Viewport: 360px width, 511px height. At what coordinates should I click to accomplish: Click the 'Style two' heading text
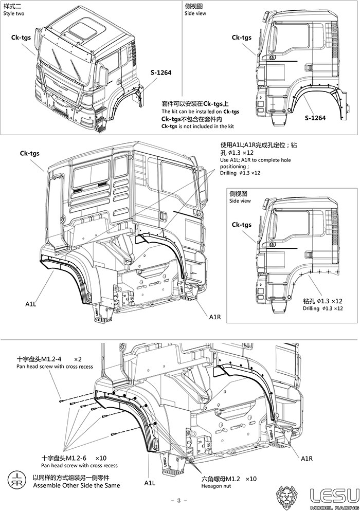click(14, 13)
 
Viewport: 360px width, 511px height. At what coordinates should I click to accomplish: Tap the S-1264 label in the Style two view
click(161, 72)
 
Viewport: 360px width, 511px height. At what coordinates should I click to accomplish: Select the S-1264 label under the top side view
click(315, 118)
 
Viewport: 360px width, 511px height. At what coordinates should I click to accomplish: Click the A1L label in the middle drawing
click(31, 304)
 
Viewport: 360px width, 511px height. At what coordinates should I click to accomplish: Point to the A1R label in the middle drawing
click(215, 317)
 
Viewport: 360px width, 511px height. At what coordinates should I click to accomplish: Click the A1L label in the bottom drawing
click(150, 483)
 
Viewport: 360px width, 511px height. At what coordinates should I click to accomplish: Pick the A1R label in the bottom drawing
click(307, 459)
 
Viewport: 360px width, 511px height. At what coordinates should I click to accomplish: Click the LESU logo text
click(334, 495)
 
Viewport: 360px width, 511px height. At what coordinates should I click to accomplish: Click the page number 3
click(178, 501)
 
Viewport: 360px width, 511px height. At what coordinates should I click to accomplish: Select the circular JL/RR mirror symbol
click(15, 480)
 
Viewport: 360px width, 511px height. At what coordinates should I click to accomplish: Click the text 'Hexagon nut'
click(216, 486)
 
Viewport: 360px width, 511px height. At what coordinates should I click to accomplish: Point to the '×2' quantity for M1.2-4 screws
click(78, 359)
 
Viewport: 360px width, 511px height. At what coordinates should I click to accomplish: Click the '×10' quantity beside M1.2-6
click(101, 458)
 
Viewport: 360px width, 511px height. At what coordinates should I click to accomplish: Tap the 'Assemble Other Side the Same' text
click(77, 486)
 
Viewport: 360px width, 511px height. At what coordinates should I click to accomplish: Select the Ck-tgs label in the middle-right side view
click(242, 225)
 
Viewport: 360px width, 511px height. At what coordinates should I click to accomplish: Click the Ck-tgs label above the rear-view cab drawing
click(30, 154)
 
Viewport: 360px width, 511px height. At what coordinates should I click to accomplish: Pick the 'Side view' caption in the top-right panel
click(195, 13)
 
